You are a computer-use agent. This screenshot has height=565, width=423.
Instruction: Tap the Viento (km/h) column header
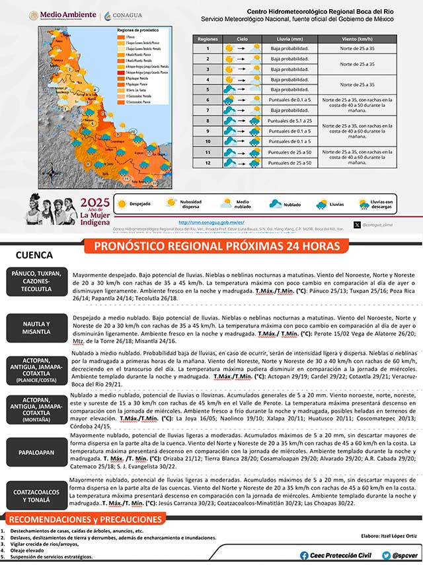tap(358, 40)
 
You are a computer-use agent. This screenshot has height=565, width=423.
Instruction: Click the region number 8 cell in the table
tap(208, 121)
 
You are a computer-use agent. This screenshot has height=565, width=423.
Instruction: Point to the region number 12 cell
tap(208, 162)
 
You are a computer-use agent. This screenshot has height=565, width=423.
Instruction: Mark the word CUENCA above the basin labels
tap(34, 255)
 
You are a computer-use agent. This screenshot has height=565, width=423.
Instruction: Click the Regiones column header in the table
tap(208, 40)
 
